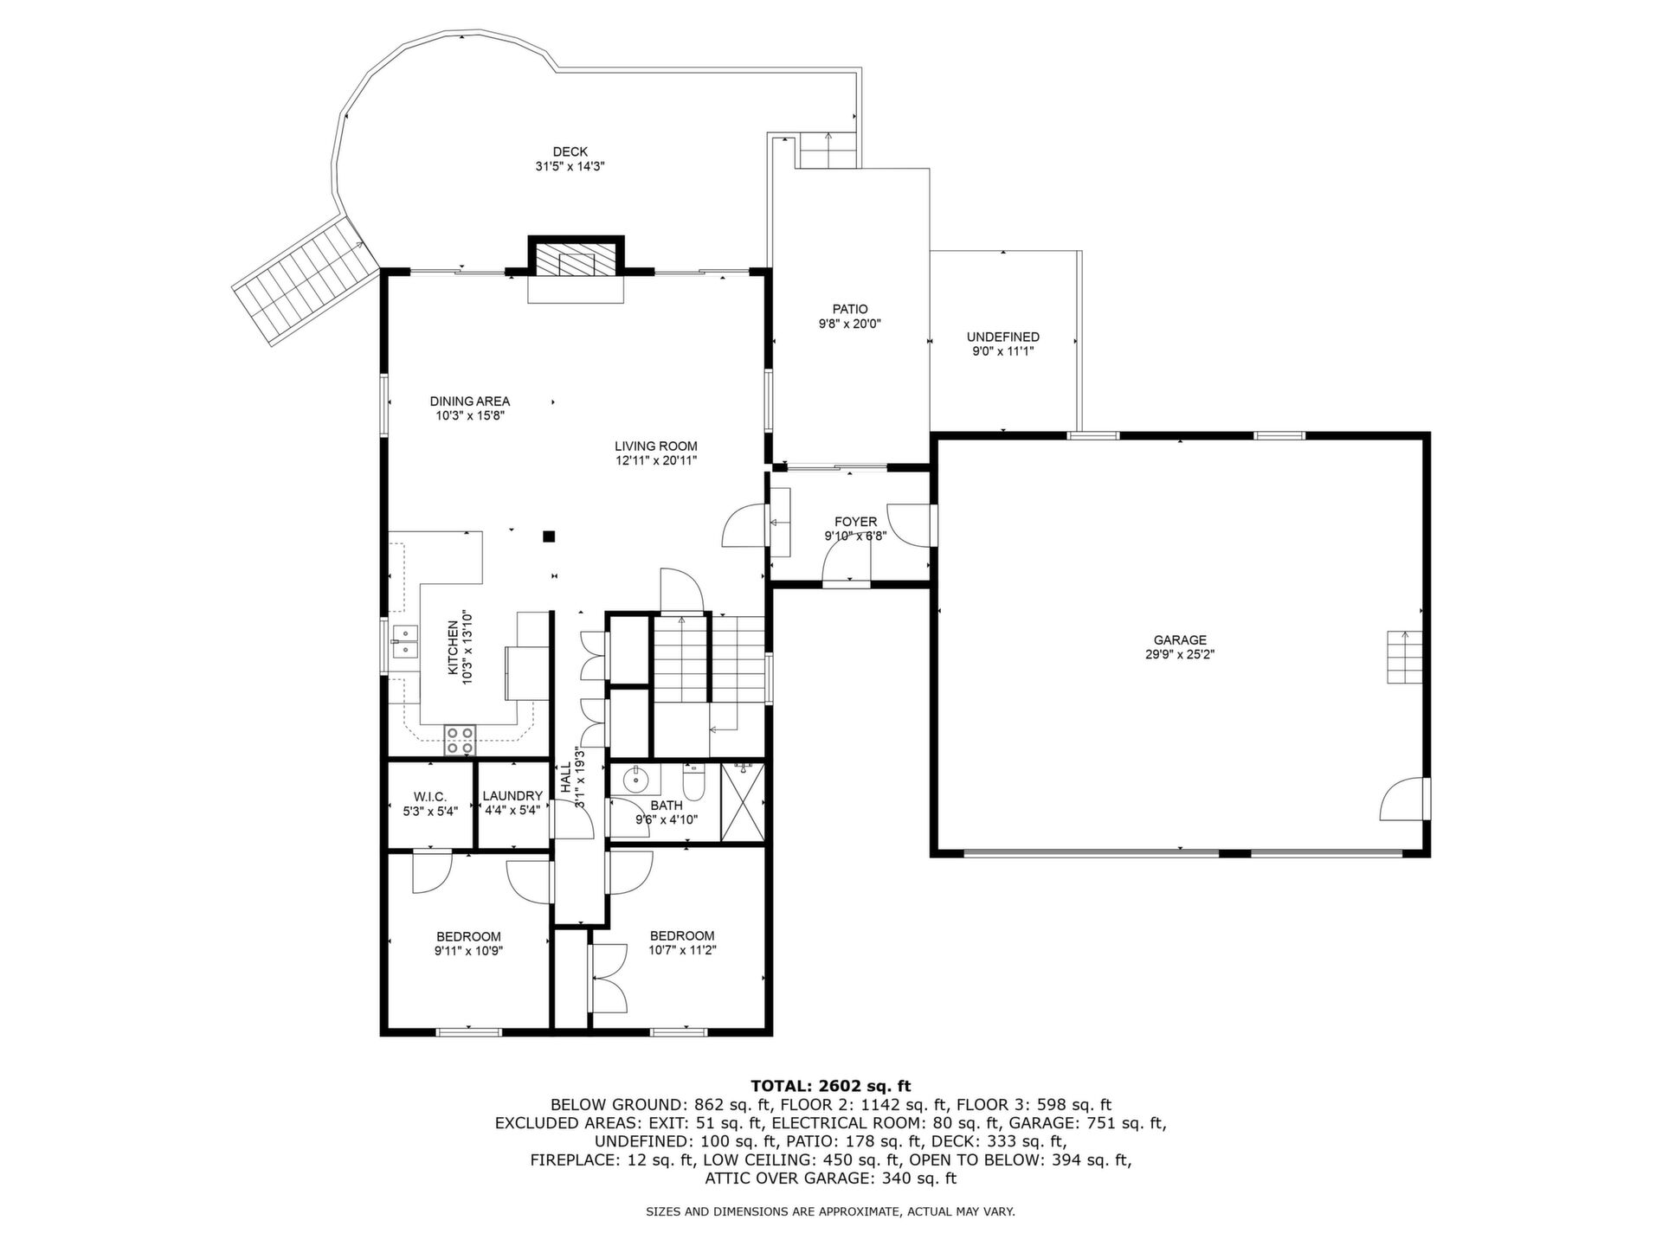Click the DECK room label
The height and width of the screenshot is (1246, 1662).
coord(570,152)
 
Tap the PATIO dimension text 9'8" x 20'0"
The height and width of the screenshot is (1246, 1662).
coord(850,324)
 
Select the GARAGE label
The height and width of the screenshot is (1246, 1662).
coord(1179,640)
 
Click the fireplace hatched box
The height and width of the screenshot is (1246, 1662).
coord(576,259)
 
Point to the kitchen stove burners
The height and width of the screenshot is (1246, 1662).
coord(461,741)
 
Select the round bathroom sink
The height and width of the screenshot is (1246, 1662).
coord(636,779)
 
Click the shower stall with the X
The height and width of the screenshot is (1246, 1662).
coord(743,801)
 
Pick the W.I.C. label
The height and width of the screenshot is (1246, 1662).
coord(430,796)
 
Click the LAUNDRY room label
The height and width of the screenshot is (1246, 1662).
coord(512,796)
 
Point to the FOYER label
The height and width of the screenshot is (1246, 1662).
coord(855,522)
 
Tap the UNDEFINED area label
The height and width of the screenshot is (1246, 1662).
coord(1003,337)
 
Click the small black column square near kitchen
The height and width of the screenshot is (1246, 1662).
coord(549,536)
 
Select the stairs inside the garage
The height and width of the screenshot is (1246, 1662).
coord(1404,657)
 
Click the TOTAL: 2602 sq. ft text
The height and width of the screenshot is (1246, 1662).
coord(831,1086)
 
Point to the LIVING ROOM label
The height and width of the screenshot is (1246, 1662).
coord(656,446)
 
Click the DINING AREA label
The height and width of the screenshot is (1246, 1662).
coord(470,401)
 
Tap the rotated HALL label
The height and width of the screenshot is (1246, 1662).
coord(565,778)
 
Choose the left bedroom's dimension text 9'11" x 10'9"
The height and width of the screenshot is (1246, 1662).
coord(468,950)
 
